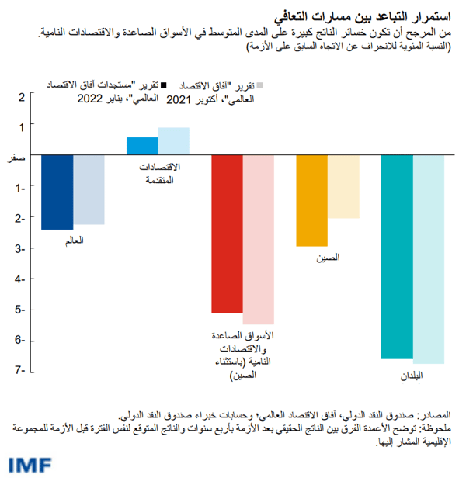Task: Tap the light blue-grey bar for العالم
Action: [89, 190]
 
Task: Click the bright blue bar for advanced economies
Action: [142, 146]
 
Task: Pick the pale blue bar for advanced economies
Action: [174, 141]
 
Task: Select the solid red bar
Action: [228, 234]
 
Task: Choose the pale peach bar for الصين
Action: [343, 186]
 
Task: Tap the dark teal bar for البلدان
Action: [397, 257]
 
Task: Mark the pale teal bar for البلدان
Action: [428, 259]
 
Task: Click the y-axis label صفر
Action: [16, 157]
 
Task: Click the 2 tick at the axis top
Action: [23, 97]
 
